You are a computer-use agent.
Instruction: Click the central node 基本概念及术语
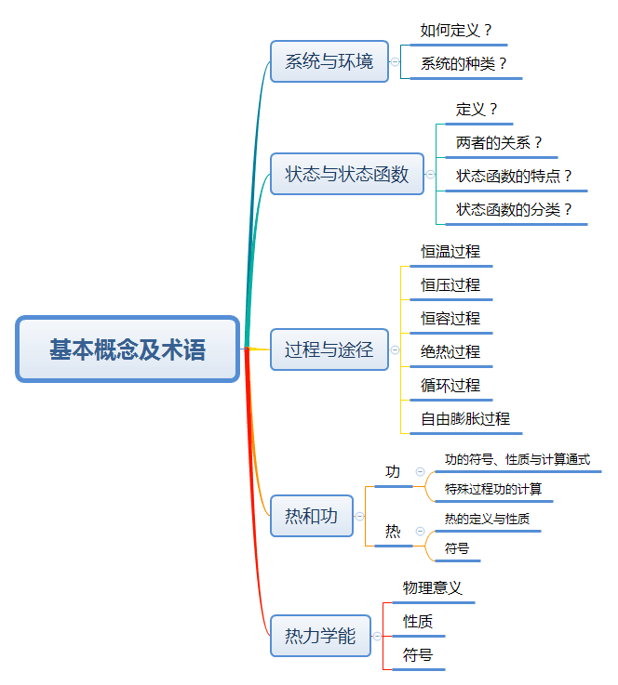128,349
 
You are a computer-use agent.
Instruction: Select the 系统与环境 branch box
329,62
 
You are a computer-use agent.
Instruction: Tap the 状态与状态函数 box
346,174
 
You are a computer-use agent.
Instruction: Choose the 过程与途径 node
329,349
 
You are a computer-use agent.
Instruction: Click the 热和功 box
311,516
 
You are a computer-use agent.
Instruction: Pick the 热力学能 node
320,637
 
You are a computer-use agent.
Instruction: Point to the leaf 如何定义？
456,31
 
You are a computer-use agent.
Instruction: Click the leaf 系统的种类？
464,64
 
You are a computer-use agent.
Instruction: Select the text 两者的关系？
500,143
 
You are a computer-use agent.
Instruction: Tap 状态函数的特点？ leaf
514,176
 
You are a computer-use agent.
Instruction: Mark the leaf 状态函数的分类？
514,209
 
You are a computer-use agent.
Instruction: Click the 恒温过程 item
450,252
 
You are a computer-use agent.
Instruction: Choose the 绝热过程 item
450,351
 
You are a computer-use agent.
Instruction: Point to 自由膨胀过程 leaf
465,418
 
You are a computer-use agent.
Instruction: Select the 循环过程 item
450,385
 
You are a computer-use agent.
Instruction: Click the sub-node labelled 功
393,472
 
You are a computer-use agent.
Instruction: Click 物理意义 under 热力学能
433,588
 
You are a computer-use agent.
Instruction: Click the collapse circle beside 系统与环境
396,62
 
